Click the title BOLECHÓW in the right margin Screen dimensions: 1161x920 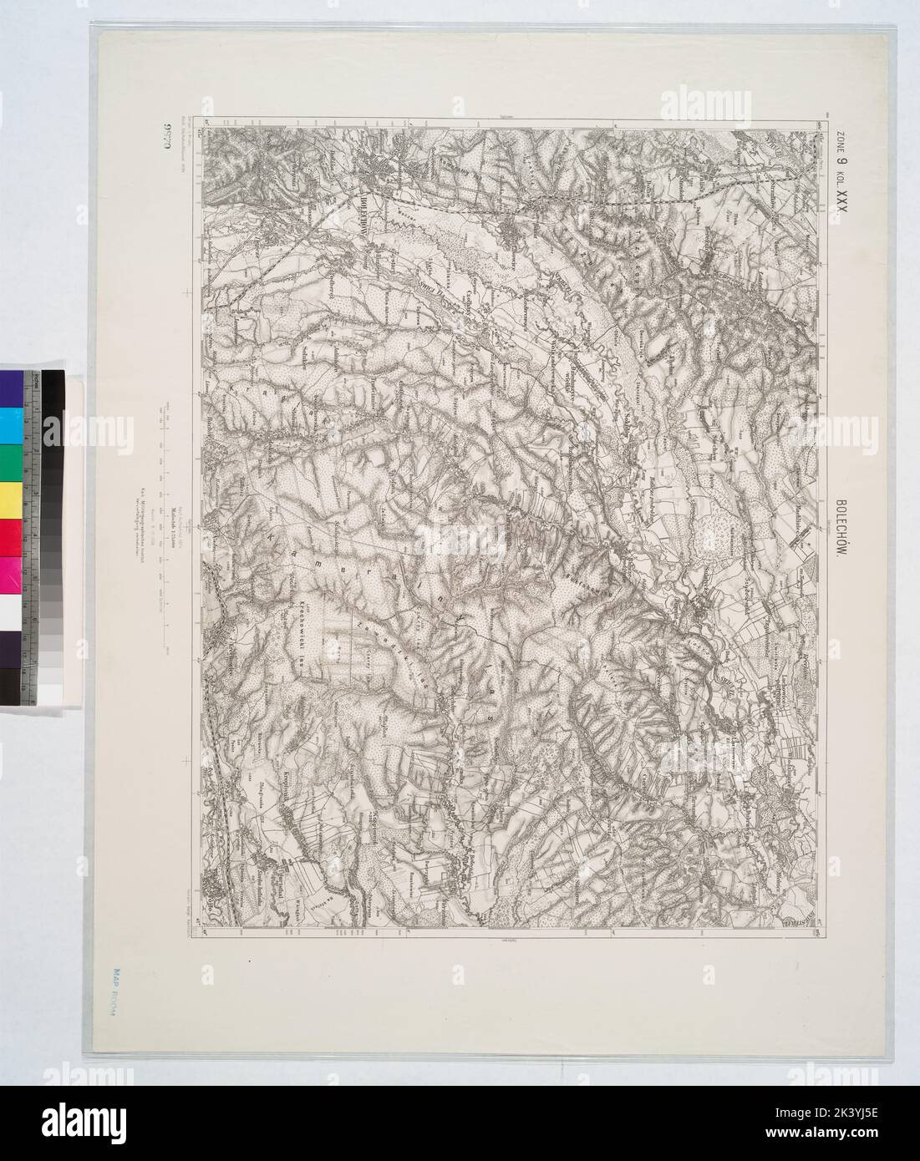coord(842,535)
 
